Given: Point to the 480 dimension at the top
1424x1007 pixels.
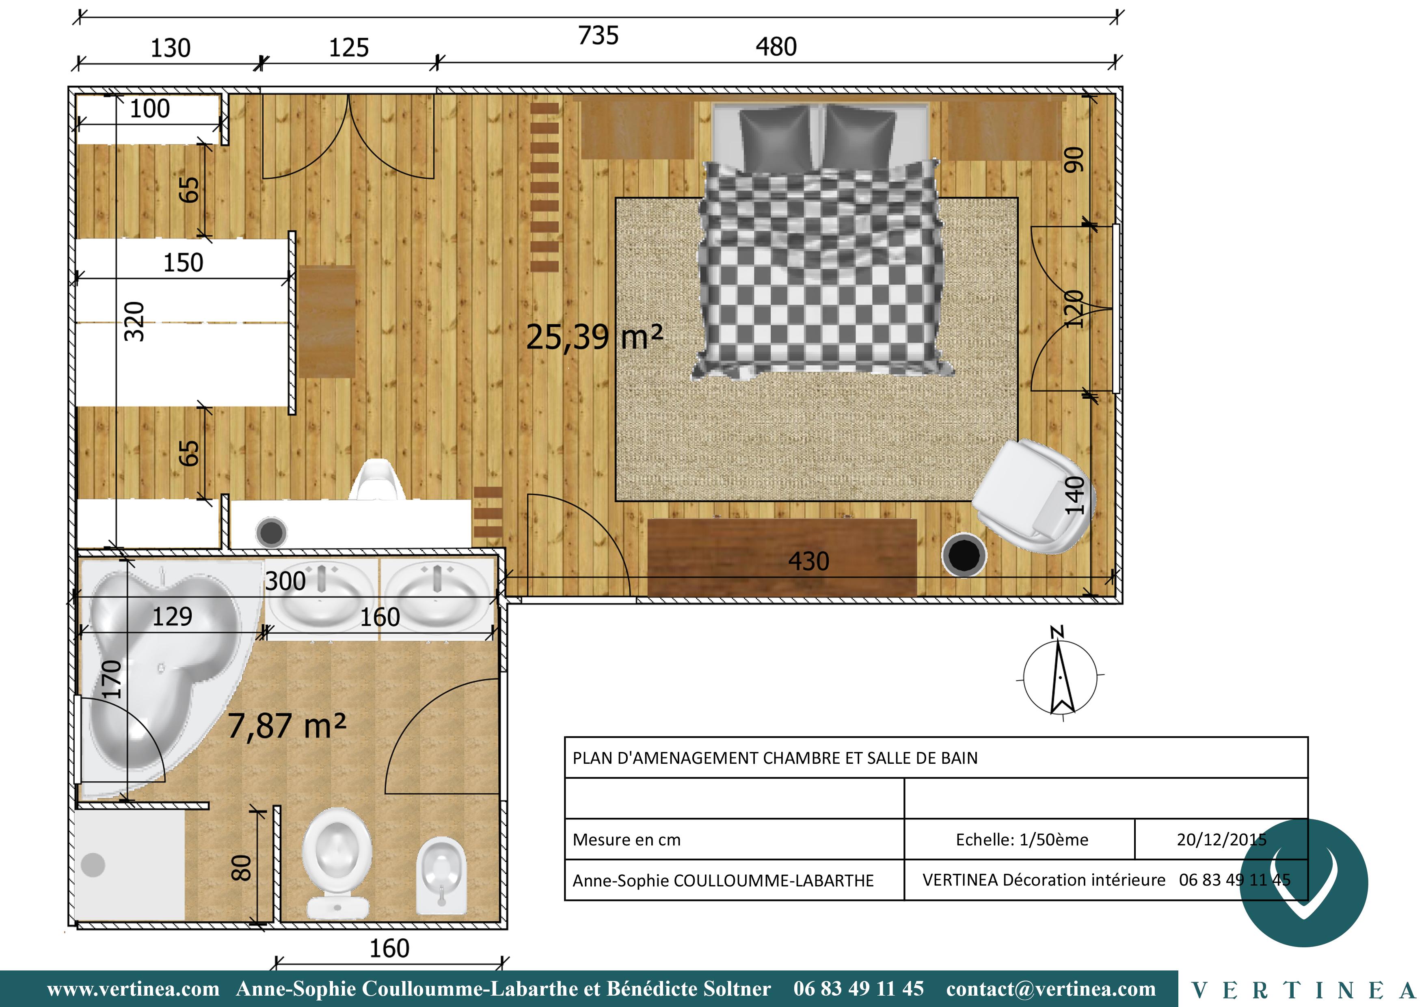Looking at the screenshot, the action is pyautogui.click(x=776, y=47).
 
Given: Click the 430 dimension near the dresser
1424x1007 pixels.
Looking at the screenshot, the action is pyautogui.click(x=809, y=561).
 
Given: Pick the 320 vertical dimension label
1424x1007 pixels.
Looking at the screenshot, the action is pyautogui.click(x=134, y=321).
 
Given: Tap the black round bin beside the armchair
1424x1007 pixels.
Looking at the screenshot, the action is pyautogui.click(x=964, y=554).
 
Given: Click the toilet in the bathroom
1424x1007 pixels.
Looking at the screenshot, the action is pyautogui.click(x=337, y=862).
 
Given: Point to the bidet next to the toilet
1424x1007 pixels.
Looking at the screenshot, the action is pyautogui.click(x=441, y=875).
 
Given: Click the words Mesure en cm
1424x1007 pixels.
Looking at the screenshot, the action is pyautogui.click(x=627, y=840).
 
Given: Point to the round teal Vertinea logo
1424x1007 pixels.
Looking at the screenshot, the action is pyautogui.click(x=1304, y=883).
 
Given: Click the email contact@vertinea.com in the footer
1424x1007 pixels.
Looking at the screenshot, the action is pyautogui.click(x=1051, y=988).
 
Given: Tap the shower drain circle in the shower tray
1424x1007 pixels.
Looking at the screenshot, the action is pyautogui.click(x=93, y=865).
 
